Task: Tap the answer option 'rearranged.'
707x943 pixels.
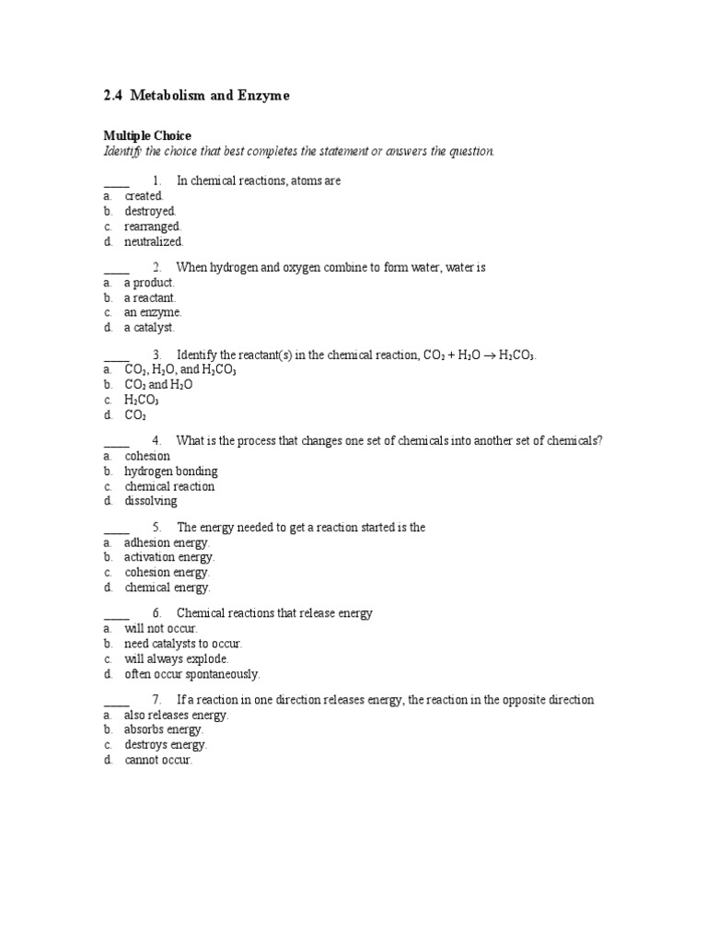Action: coord(153,226)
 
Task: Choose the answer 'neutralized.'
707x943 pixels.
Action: coord(154,241)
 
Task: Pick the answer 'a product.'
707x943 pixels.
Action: coord(149,283)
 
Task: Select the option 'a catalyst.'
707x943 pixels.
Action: coord(149,327)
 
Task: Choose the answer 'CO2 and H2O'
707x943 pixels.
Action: coord(158,385)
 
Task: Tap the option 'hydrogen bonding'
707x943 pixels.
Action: coord(171,471)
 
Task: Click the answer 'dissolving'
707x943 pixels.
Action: coord(151,501)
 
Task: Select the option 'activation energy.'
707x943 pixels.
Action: coord(169,557)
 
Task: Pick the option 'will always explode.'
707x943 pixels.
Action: coord(177,658)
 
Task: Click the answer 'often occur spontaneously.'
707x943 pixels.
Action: coord(191,674)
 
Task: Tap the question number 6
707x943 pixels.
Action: coord(157,613)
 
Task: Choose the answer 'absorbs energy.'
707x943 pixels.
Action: coord(164,729)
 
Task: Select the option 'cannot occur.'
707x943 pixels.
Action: coord(158,760)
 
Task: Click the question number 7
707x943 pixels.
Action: coord(157,700)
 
